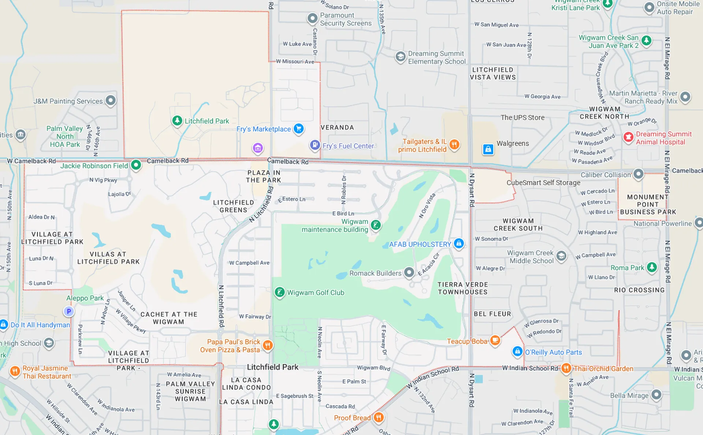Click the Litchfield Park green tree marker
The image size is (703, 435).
177,120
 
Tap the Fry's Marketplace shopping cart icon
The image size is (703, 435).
299,128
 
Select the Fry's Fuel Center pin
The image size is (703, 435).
315,145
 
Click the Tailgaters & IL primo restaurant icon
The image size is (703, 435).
454,144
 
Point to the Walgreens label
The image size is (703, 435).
513,143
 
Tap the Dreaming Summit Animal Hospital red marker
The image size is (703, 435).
629,137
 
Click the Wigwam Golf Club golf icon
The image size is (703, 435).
280,292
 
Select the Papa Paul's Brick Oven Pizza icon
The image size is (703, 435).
268,345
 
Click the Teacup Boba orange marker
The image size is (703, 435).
495,340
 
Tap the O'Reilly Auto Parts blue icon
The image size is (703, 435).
517,351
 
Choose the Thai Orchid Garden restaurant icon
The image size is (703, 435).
566,368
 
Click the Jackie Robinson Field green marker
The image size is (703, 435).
136,165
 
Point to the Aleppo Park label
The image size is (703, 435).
85,298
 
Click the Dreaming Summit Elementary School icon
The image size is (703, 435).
401,57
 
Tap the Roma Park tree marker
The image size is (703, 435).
652,267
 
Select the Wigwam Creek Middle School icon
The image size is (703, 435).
561,256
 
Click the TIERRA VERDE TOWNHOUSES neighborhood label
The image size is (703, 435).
462,288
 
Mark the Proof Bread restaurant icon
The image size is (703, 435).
379,417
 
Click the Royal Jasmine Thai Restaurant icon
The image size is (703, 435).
15,371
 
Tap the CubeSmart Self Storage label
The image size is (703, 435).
543,183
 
